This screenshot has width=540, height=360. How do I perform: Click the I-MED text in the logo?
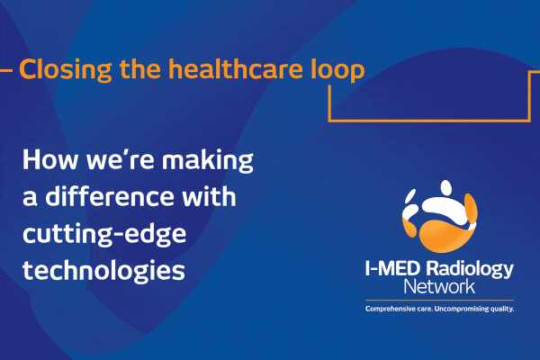click(x=392, y=271)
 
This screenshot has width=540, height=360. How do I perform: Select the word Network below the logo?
click(x=437, y=289)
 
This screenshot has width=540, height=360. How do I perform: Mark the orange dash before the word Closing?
click(x=7, y=68)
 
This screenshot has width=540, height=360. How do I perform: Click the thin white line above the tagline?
click(x=437, y=301)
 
